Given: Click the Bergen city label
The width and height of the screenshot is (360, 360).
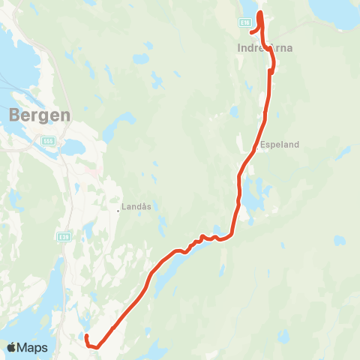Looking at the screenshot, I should pyautogui.click(x=40, y=115).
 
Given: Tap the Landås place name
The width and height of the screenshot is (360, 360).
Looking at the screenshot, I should pyautogui.click(x=136, y=202).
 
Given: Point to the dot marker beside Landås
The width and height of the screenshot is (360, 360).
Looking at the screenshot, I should pyautogui.click(x=118, y=210).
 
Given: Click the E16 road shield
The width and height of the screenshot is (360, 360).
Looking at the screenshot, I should pyautogui.click(x=244, y=23).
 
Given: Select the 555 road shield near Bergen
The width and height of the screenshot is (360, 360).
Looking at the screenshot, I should pyautogui.click(x=49, y=139).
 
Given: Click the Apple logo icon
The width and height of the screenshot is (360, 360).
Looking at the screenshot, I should pyautogui.click(x=12, y=347).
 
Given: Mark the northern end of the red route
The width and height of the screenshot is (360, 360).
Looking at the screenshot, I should pyautogui.click(x=260, y=13).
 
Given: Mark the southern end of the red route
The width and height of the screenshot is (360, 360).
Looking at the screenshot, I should pyautogui.click(x=86, y=337).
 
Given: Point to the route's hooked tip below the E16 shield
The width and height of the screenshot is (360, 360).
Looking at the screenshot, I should pyautogui.click(x=251, y=33).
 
